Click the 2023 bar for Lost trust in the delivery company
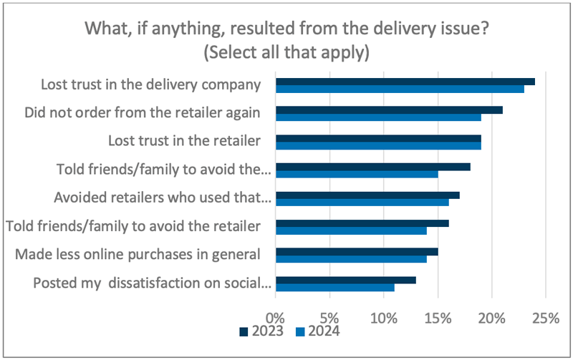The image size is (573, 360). point(405,82)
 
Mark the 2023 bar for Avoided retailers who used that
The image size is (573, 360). point(367,195)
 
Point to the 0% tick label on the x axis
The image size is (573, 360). point(275,316)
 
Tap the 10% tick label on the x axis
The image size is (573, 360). point(383,316)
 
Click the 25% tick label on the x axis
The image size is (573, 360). point(545,316)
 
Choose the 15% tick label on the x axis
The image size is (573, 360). point(437,316)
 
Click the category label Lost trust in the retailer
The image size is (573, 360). point(183,141)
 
